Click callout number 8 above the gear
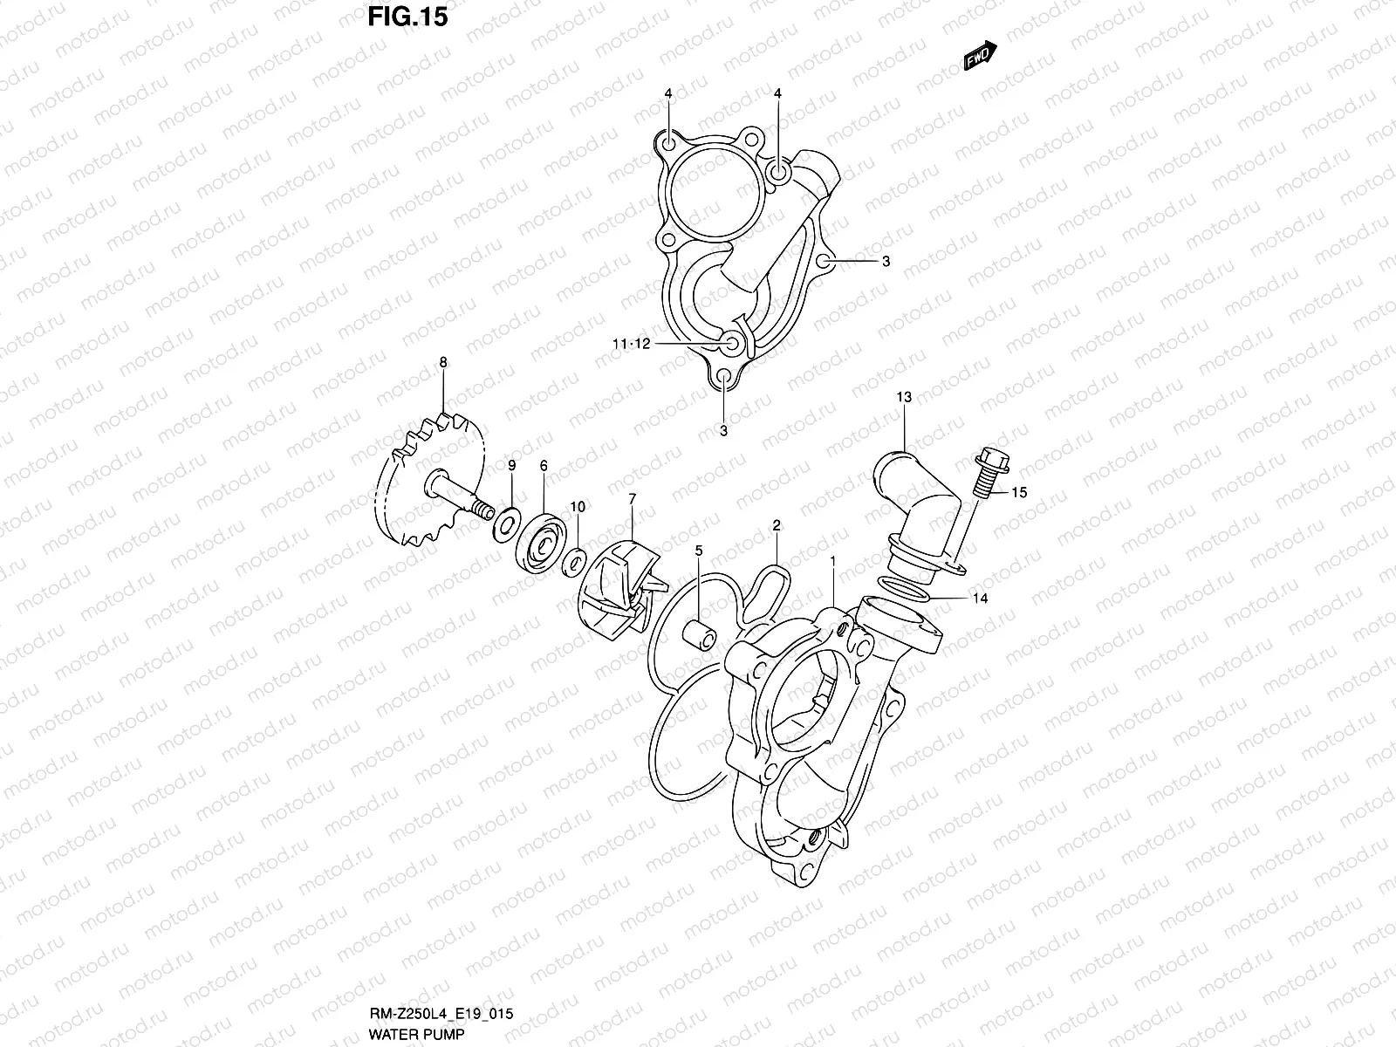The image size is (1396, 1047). coord(443,361)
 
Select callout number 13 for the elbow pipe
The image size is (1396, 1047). coord(903,397)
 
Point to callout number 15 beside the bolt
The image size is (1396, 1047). coord(1019,492)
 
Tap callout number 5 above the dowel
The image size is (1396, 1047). coord(699,551)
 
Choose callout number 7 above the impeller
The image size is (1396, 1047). coord(632,498)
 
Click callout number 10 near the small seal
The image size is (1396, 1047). coord(578,506)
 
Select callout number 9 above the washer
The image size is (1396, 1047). coord(512,466)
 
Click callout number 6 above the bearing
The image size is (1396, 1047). coord(543,466)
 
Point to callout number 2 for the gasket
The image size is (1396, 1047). coord(776,525)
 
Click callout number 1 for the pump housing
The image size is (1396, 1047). coord(833,560)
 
